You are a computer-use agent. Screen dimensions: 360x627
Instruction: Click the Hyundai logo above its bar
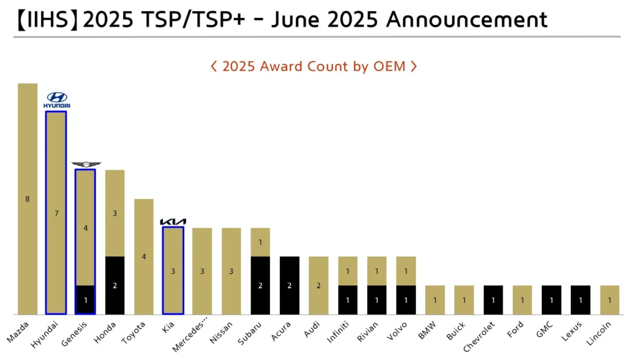pos(56,100)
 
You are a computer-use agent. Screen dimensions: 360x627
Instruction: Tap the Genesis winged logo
pos(86,164)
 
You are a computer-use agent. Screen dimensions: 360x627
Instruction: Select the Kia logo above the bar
pos(173,222)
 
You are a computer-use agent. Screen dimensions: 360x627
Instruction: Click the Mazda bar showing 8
pos(28,199)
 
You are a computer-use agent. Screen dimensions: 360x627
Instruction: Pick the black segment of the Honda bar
pos(115,285)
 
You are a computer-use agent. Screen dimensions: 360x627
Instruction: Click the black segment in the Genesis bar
pos(86,300)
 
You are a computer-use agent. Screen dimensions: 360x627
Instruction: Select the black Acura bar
pos(290,285)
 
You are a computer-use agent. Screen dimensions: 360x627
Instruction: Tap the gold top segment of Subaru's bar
pos(260,242)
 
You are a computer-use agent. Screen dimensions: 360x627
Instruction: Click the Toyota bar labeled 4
pos(144,257)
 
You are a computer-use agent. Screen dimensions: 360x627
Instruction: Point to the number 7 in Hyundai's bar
pos(56,213)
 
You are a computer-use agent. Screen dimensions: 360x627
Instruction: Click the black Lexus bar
pos(580,300)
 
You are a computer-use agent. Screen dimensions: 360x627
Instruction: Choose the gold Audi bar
pos(318,285)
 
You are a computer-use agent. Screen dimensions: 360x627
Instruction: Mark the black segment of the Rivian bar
pos(377,300)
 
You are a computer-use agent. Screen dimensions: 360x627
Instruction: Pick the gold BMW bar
pos(435,300)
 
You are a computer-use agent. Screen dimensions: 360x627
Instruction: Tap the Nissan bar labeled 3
pos(231,271)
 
